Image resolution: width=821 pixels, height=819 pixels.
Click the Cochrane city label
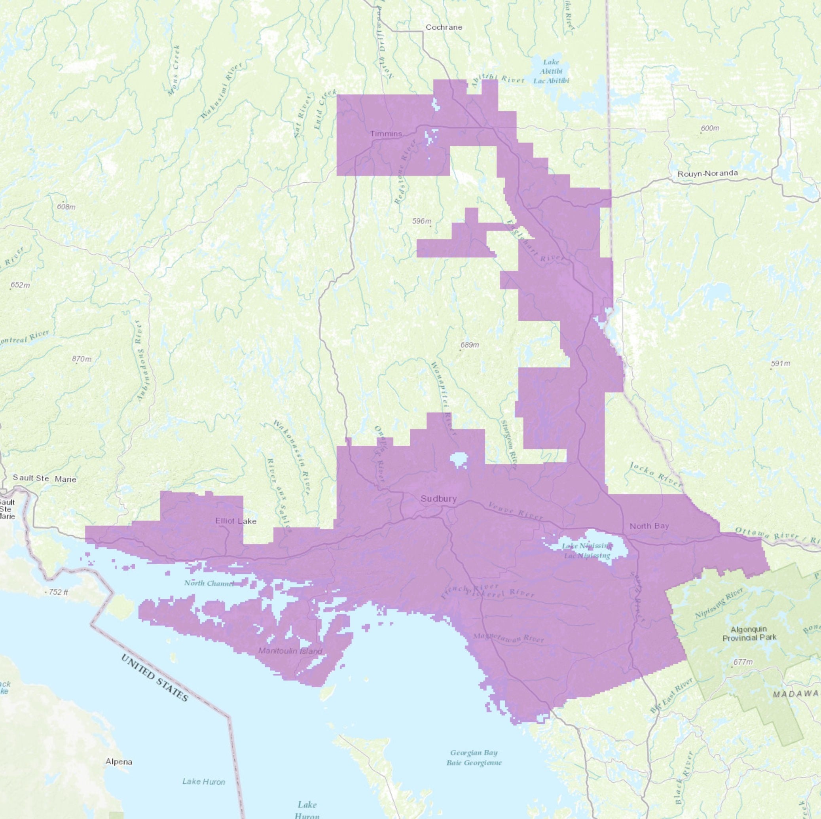pyautogui.click(x=444, y=27)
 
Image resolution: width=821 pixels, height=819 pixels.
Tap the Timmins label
pyautogui.click(x=386, y=133)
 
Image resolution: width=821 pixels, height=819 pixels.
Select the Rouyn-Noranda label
pyautogui.click(x=707, y=173)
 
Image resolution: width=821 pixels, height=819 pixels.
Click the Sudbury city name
pyautogui.click(x=438, y=499)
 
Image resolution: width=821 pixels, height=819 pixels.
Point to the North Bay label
pyautogui.click(x=649, y=526)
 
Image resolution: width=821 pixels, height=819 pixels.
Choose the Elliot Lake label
pyautogui.click(x=236, y=521)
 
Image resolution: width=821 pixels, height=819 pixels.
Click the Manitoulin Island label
pyautogui.click(x=290, y=651)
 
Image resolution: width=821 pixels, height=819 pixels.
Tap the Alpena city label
pyautogui.click(x=119, y=762)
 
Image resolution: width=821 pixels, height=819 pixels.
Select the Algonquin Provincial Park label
pyautogui.click(x=750, y=633)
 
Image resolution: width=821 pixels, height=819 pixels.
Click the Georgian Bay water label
pyautogui.click(x=474, y=757)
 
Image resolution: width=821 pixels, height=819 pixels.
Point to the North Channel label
pyautogui.click(x=209, y=583)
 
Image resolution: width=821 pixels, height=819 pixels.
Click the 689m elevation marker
pyautogui.click(x=470, y=345)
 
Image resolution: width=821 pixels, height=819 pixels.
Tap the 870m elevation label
pyautogui.click(x=82, y=359)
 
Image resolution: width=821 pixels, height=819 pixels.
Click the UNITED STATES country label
pyautogui.click(x=155, y=678)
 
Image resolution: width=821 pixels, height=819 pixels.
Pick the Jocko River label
pyautogui.click(x=656, y=475)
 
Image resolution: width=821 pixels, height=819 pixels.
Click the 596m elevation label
pyautogui.click(x=421, y=221)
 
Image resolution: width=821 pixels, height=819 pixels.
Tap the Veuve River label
pyautogui.click(x=515, y=511)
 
